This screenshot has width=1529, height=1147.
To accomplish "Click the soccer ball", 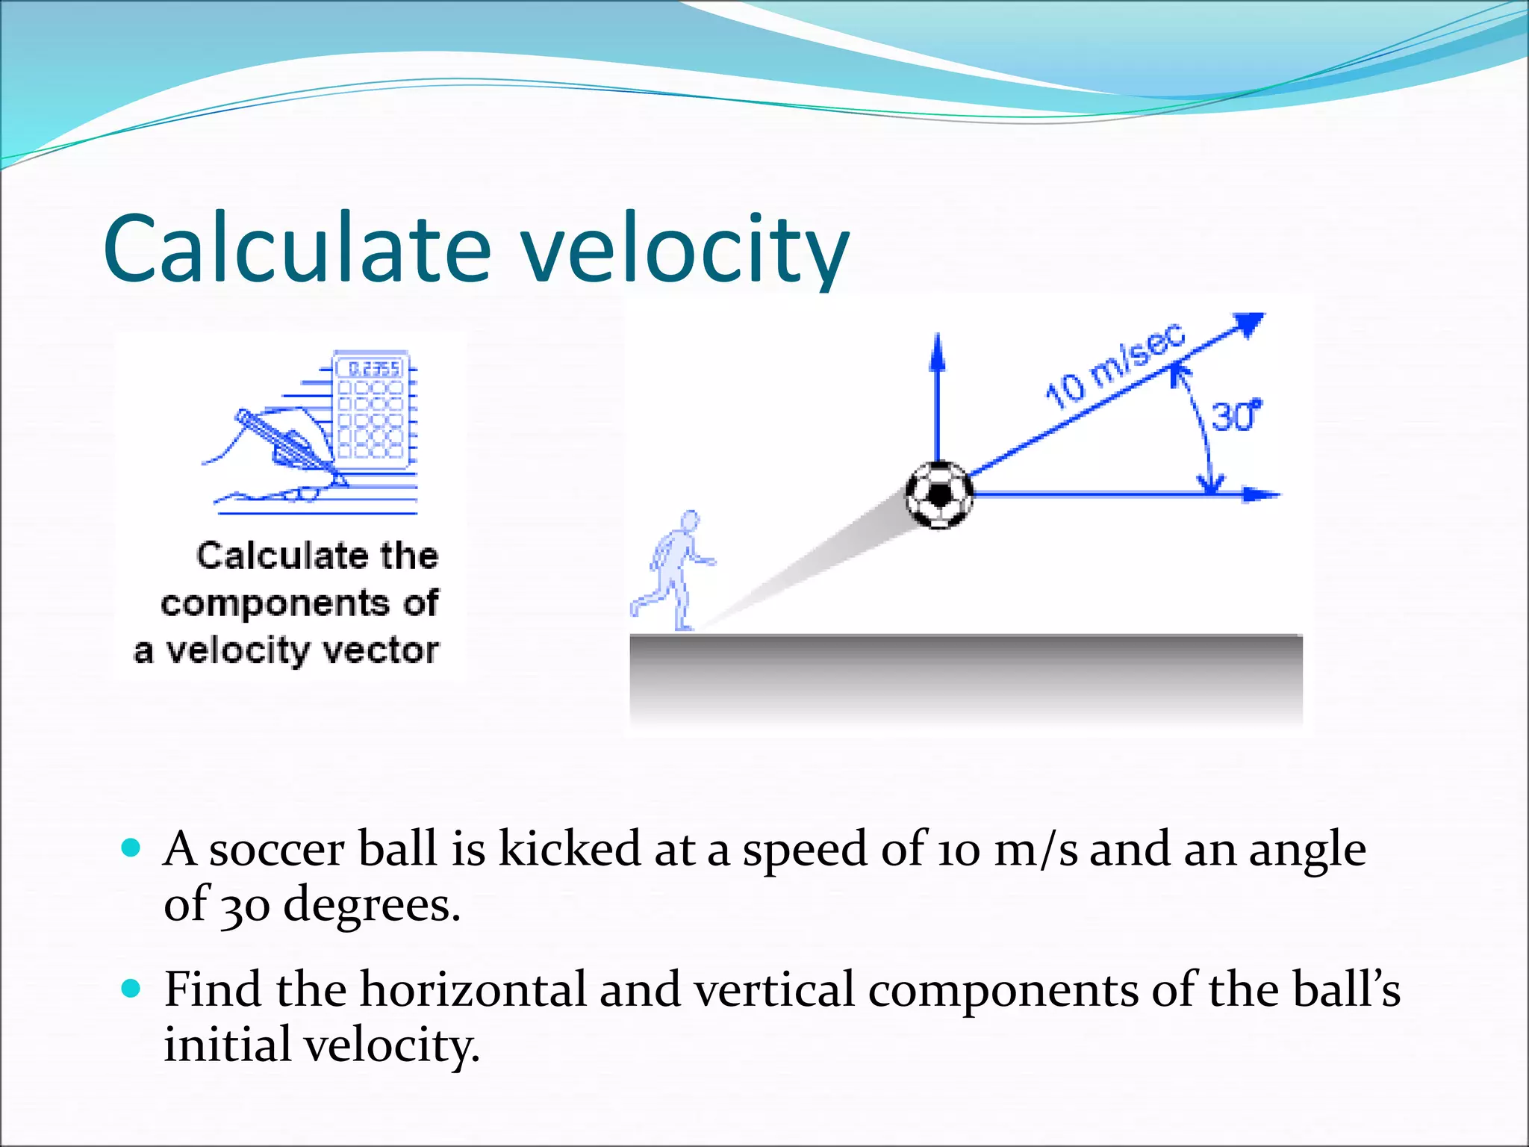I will pyautogui.click(x=939, y=494).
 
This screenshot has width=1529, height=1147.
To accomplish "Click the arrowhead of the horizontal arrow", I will pyautogui.click(x=1262, y=494).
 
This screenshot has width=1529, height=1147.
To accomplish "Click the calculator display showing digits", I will pyautogui.click(x=372, y=368).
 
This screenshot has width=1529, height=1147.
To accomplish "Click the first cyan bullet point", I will pyautogui.click(x=131, y=848).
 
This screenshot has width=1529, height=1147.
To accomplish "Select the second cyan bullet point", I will pyautogui.click(x=131, y=989).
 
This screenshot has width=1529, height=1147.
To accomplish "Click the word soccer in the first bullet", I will pyautogui.click(x=276, y=850).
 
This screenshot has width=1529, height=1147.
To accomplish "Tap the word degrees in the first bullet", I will pyautogui.click(x=371, y=905).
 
